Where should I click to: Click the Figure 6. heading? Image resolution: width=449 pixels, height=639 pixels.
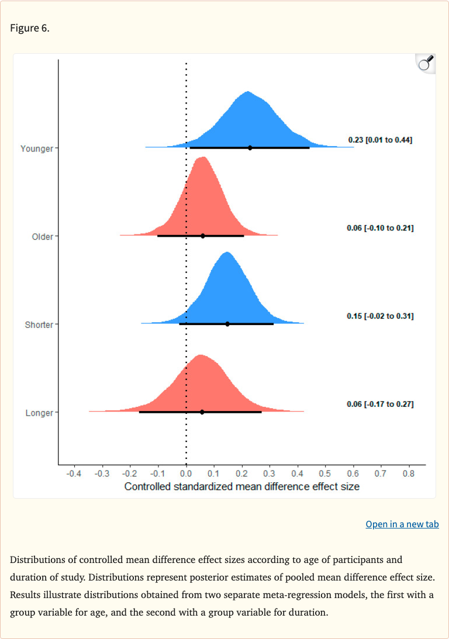pyautogui.click(x=30, y=28)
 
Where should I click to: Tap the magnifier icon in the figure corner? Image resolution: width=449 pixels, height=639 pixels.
pyautogui.click(x=425, y=63)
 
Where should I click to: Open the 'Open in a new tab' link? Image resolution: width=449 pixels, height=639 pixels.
pyautogui.click(x=402, y=524)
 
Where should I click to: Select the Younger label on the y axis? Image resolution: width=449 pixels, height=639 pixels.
pyautogui.click(x=36, y=148)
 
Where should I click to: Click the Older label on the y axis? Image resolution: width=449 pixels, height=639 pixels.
pyautogui.click(x=42, y=237)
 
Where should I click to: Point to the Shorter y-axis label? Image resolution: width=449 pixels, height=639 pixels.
pyautogui.click(x=39, y=325)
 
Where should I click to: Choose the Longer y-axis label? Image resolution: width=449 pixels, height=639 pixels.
pyautogui.click(x=39, y=413)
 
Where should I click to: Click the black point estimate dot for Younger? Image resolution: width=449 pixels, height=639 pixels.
pyautogui.click(x=250, y=148)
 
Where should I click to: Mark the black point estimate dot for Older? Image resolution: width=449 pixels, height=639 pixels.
pyautogui.click(x=203, y=236)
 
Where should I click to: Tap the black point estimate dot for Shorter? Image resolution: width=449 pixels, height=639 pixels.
pyautogui.click(x=227, y=324)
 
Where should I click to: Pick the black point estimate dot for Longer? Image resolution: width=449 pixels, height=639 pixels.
pyautogui.click(x=202, y=412)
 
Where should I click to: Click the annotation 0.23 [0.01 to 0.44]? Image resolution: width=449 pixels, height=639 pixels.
pyautogui.click(x=380, y=140)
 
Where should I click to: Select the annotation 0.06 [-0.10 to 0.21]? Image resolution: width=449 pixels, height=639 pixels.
pyautogui.click(x=380, y=228)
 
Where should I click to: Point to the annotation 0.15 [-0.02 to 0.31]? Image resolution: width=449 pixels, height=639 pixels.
pyautogui.click(x=380, y=316)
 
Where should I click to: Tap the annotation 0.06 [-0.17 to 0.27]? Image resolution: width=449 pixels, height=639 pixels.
pyautogui.click(x=380, y=405)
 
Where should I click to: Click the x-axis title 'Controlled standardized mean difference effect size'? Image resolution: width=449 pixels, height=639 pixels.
pyautogui.click(x=241, y=486)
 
